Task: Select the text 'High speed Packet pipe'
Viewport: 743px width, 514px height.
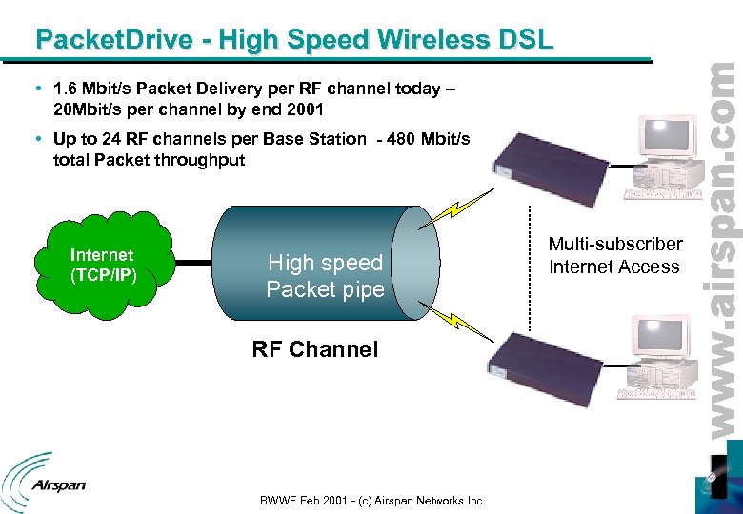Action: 325,275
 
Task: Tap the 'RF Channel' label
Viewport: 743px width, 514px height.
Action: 314,349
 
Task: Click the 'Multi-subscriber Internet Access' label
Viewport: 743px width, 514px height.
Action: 614,256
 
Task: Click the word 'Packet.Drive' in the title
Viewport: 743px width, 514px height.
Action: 114,40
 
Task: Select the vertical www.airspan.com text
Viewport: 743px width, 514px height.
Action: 722,247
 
